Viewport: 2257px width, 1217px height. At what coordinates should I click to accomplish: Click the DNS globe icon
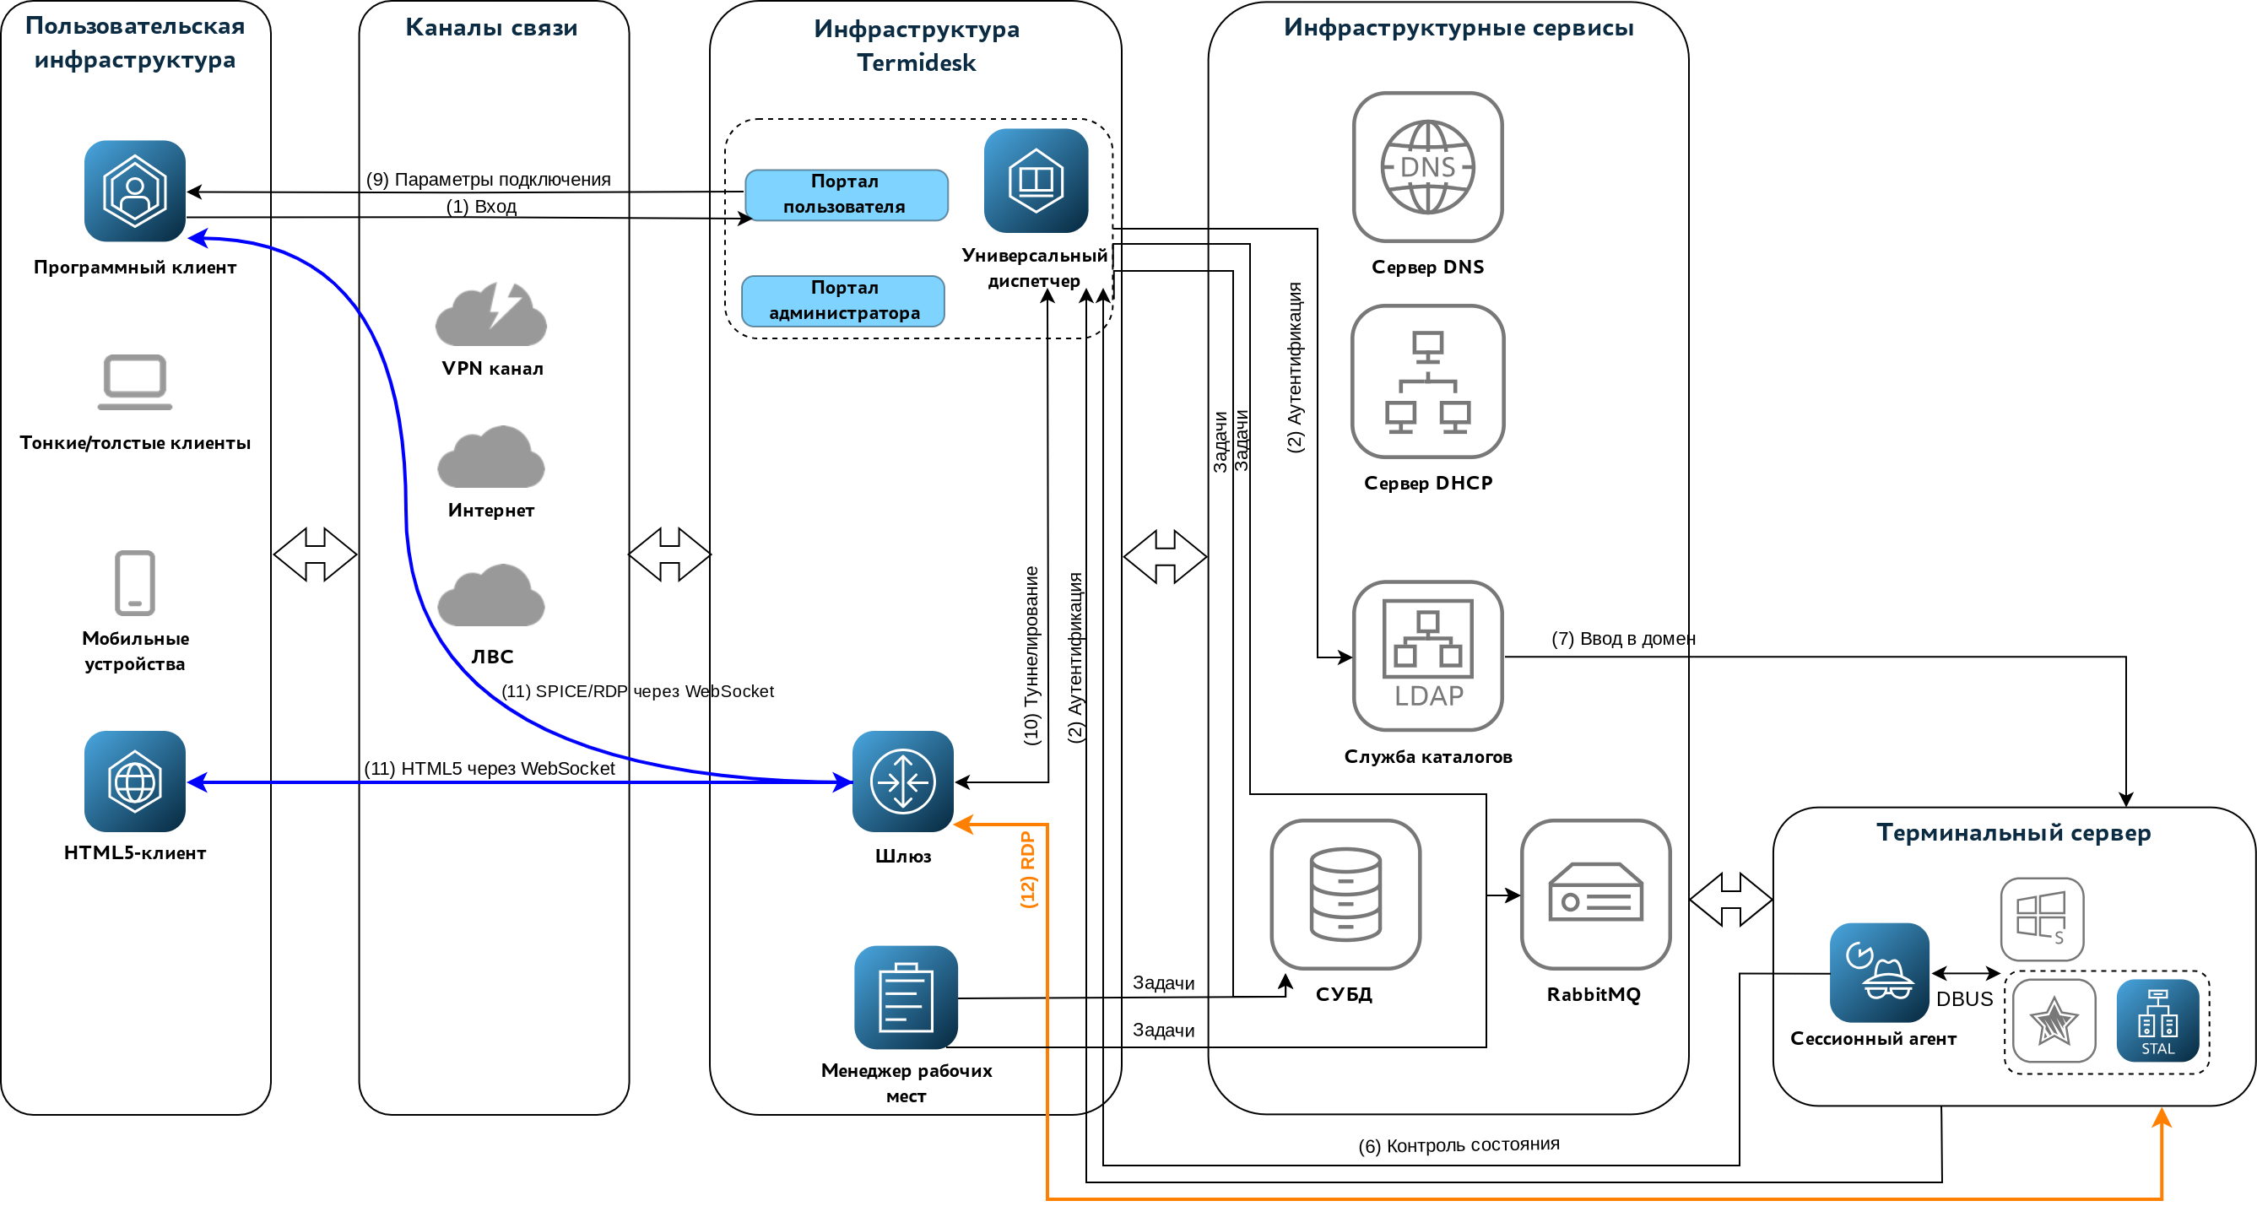[1427, 166]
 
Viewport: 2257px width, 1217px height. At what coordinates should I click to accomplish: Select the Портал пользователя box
[846, 194]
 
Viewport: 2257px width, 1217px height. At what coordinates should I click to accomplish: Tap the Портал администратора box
[843, 300]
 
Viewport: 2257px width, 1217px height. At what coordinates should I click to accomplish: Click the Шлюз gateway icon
[902, 781]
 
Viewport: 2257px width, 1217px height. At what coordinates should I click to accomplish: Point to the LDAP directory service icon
[1427, 656]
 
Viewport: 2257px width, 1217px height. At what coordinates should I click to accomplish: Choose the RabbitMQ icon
[1594, 894]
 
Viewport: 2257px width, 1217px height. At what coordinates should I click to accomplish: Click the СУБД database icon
[1345, 894]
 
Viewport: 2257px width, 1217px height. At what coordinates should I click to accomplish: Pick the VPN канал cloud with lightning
[490, 314]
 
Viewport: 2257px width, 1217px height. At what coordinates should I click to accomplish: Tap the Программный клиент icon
[135, 191]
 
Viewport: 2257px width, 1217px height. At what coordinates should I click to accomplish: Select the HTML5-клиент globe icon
[135, 781]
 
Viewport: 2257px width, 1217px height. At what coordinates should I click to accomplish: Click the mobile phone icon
[135, 582]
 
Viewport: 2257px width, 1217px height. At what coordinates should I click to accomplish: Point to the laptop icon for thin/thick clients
[135, 381]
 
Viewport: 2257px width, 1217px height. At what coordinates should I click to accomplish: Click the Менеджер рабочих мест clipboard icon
[905, 997]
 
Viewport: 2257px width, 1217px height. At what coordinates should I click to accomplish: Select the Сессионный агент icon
[1879, 971]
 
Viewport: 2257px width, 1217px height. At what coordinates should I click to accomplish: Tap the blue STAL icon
[2157, 1020]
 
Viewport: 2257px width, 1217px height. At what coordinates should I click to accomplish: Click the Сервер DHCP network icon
[1427, 381]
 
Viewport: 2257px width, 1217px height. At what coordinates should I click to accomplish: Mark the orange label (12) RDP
[1028, 869]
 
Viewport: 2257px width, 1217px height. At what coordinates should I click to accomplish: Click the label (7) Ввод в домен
[1622, 639]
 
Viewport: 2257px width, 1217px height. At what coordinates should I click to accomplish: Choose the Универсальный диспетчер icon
[1036, 181]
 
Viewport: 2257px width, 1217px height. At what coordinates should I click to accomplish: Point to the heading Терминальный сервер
[2012, 832]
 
